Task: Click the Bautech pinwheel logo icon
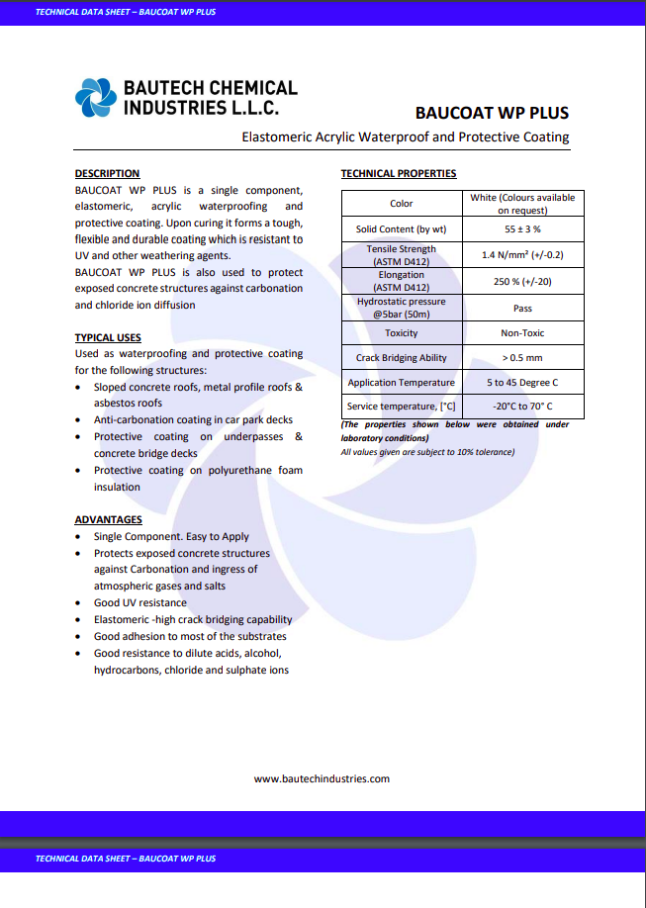pyautogui.click(x=96, y=97)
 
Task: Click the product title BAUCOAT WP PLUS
pyautogui.click(x=492, y=113)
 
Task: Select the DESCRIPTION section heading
pyautogui.click(x=107, y=173)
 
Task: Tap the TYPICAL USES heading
pyautogui.click(x=108, y=337)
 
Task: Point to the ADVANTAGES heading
pyautogui.click(x=108, y=519)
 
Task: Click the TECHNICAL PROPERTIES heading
pyautogui.click(x=398, y=173)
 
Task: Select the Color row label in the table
pyautogui.click(x=401, y=204)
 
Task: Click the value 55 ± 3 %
pyautogui.click(x=522, y=228)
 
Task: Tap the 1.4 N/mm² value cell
pyautogui.click(x=522, y=254)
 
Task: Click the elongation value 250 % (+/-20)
pyautogui.click(x=522, y=282)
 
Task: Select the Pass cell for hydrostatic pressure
pyautogui.click(x=522, y=309)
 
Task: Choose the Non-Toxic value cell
pyautogui.click(x=522, y=333)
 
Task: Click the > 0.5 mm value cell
pyautogui.click(x=522, y=358)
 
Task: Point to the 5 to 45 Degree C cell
pyautogui.click(x=522, y=383)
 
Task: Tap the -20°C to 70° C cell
pyautogui.click(x=522, y=407)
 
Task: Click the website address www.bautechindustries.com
pyautogui.click(x=322, y=778)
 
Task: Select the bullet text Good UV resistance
pyautogui.click(x=139, y=602)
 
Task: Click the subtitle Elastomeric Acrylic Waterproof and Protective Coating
pyautogui.click(x=406, y=136)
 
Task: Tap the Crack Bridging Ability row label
pyautogui.click(x=401, y=358)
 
